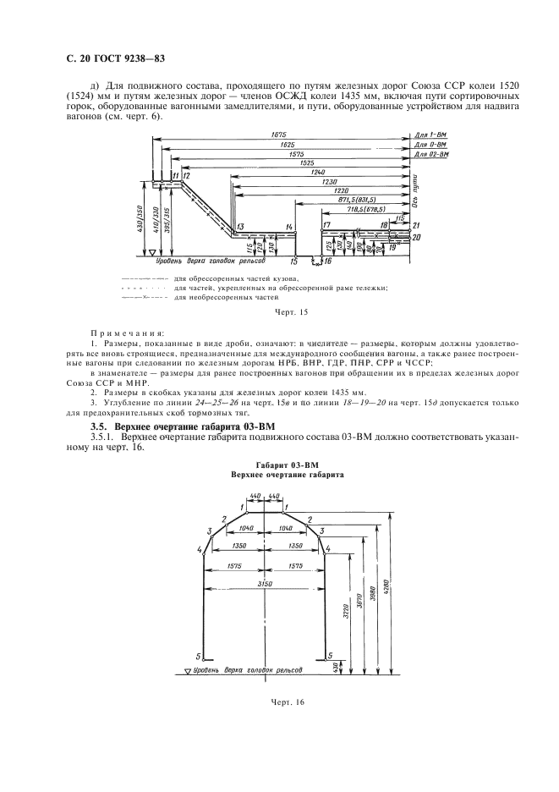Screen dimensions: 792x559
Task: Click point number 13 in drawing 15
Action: pos(240,227)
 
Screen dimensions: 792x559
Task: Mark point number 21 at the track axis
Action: pos(416,225)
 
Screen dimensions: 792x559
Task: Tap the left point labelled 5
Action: pos(199,657)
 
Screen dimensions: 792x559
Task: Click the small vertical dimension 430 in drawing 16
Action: pos(336,668)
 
